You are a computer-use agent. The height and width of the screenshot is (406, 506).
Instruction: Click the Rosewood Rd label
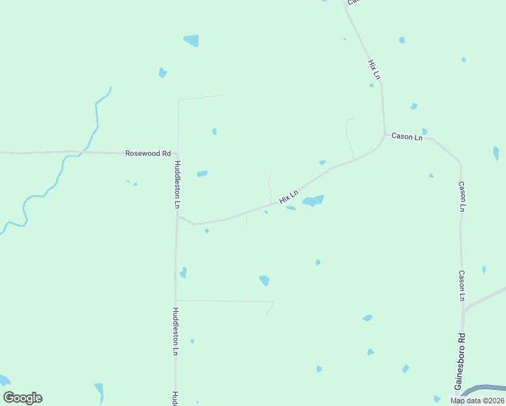click(147, 154)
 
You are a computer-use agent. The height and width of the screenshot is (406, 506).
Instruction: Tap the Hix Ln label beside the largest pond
click(288, 197)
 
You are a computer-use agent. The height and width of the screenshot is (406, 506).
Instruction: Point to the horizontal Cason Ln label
click(407, 137)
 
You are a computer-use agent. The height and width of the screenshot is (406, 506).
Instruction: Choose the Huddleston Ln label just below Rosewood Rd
click(177, 183)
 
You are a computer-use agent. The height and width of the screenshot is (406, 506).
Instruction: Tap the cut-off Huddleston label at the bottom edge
click(175, 399)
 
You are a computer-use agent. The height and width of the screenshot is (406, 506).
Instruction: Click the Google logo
click(22, 398)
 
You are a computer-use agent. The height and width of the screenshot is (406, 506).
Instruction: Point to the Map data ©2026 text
click(477, 401)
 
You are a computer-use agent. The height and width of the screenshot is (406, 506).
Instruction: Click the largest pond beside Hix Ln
click(313, 200)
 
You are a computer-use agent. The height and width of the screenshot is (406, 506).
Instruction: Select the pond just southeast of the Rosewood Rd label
click(202, 174)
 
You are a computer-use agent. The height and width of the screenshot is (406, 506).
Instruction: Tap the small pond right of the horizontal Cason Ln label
click(424, 131)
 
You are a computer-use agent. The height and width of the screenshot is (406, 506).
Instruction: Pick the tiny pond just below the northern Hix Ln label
click(371, 85)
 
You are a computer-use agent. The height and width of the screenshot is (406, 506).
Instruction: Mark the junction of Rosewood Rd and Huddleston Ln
click(177, 154)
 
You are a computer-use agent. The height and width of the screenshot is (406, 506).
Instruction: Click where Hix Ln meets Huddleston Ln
click(177, 217)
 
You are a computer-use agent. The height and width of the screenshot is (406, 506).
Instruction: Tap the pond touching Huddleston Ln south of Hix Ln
click(183, 273)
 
